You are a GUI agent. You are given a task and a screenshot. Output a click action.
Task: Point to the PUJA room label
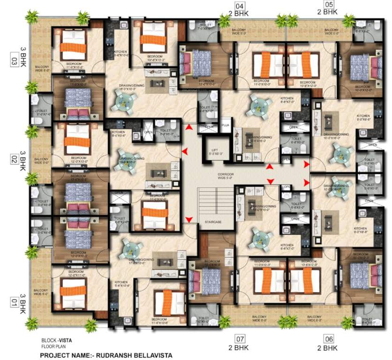click(225, 126)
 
